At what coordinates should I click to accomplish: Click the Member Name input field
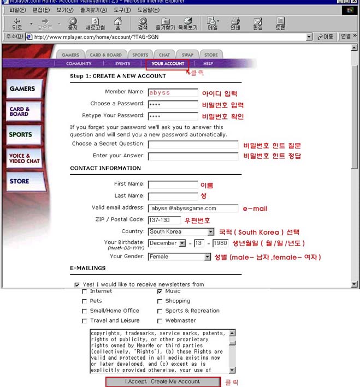[x=173, y=92]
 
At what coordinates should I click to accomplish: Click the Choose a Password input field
[x=173, y=104]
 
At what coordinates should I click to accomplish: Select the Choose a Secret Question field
[x=193, y=145]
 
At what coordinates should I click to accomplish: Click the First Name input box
[x=173, y=184]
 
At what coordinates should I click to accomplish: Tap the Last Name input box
[x=173, y=196]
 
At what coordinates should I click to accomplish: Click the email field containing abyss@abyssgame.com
[x=193, y=208]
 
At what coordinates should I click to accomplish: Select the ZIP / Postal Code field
[x=164, y=220]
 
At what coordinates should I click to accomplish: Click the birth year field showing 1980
[x=220, y=243]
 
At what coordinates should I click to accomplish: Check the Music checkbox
[x=160, y=291]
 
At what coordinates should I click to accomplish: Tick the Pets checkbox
[x=84, y=301]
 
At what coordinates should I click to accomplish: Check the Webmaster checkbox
[x=160, y=321]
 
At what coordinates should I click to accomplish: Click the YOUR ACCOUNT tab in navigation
[x=168, y=64]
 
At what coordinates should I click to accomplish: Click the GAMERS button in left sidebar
[x=23, y=89]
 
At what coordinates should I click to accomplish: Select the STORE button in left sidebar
[x=20, y=181]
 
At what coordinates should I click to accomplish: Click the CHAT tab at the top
[x=164, y=55]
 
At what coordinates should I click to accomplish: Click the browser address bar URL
[x=164, y=37]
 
